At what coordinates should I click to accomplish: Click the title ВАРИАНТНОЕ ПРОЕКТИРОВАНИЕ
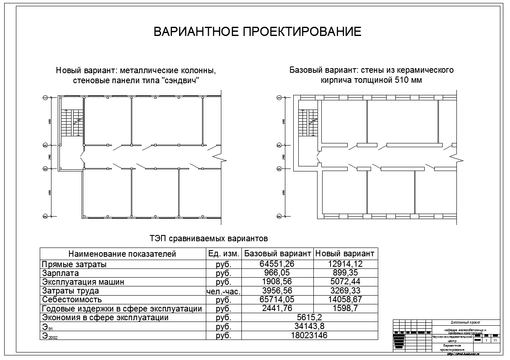pyautogui.click(x=257, y=32)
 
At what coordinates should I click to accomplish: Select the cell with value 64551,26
pyautogui.click(x=277, y=264)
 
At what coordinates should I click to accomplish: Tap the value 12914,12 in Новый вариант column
pyautogui.click(x=345, y=264)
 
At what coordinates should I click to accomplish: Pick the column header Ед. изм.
pyautogui.click(x=223, y=253)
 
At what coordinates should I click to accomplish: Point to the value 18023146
pyautogui.click(x=309, y=335)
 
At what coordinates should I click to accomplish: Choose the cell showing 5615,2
pyautogui.click(x=309, y=317)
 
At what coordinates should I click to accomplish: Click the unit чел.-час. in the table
pyautogui.click(x=223, y=291)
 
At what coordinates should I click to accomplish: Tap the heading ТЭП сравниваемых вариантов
pyautogui.click(x=208, y=239)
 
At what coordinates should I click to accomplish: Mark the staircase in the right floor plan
pyautogui.click(x=308, y=123)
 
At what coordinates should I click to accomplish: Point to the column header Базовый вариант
pyautogui.click(x=277, y=253)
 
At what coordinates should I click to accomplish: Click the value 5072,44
pyautogui.click(x=345, y=282)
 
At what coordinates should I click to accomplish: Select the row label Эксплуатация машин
pyautogui.click(x=82, y=282)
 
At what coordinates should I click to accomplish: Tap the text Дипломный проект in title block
pyautogui.click(x=466, y=322)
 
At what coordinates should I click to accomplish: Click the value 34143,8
pyautogui.click(x=309, y=326)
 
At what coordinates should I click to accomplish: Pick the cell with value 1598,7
pyautogui.click(x=345, y=309)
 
